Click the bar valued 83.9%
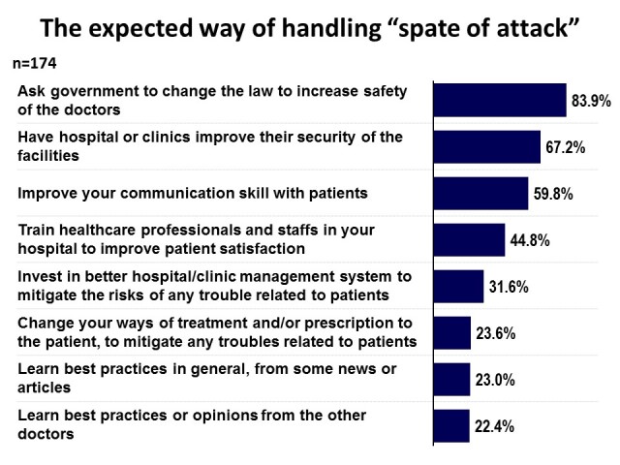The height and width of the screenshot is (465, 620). pyautogui.click(x=500, y=100)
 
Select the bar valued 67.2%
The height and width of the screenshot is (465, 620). pyautogui.click(x=486, y=146)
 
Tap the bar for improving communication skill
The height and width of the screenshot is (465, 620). pyautogui.click(x=480, y=193)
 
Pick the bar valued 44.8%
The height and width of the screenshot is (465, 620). pyautogui.click(x=469, y=239)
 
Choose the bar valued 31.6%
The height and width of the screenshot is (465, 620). pyautogui.click(x=458, y=286)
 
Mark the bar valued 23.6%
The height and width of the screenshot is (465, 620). pyautogui.click(x=451, y=332)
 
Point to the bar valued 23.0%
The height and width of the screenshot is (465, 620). pyautogui.click(x=451, y=379)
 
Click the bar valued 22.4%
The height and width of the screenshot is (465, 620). pyautogui.click(x=451, y=425)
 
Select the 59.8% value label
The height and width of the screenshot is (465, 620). pyautogui.click(x=554, y=194)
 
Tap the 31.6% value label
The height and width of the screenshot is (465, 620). pyautogui.click(x=510, y=287)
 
